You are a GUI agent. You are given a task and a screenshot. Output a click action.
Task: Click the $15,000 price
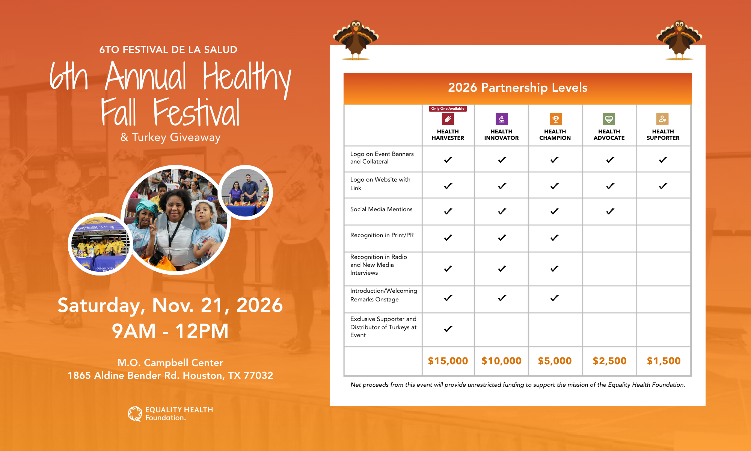click(x=448, y=361)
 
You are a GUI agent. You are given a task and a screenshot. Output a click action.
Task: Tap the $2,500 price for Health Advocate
click(x=609, y=361)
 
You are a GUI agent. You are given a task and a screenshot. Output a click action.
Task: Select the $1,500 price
click(x=664, y=361)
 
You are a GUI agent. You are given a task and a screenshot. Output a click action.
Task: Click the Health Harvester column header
click(x=448, y=135)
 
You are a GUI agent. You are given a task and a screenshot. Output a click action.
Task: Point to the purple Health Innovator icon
click(x=502, y=119)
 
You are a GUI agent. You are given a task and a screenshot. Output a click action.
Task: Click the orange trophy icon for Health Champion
click(x=556, y=119)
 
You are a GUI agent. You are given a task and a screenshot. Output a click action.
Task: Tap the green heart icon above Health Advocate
click(x=609, y=119)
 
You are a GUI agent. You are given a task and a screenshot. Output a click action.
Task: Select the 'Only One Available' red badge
click(x=448, y=109)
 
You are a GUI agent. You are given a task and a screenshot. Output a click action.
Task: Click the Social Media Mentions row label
click(x=381, y=209)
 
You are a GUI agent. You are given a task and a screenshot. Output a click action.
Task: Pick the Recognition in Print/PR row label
click(x=382, y=235)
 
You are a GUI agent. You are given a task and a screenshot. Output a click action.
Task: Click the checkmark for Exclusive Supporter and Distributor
click(x=448, y=329)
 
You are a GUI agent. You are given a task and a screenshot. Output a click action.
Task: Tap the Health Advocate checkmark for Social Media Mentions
click(x=610, y=212)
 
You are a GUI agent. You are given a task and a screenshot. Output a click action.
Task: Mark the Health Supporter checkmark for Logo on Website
click(x=663, y=186)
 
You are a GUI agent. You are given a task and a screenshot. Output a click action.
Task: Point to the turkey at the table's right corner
click(x=679, y=40)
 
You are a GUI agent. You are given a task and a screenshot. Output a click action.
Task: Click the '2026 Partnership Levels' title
click(x=518, y=88)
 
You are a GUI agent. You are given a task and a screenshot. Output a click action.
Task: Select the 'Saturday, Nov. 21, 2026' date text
click(x=170, y=305)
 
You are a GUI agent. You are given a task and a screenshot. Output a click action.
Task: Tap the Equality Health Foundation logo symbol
click(x=135, y=414)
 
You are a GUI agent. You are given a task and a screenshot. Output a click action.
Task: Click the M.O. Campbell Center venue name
click(x=170, y=363)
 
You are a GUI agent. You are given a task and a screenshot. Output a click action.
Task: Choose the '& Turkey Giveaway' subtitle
click(x=170, y=138)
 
